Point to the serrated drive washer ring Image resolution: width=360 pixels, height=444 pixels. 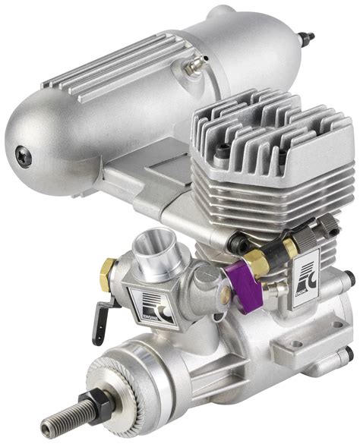tap(122, 379)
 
